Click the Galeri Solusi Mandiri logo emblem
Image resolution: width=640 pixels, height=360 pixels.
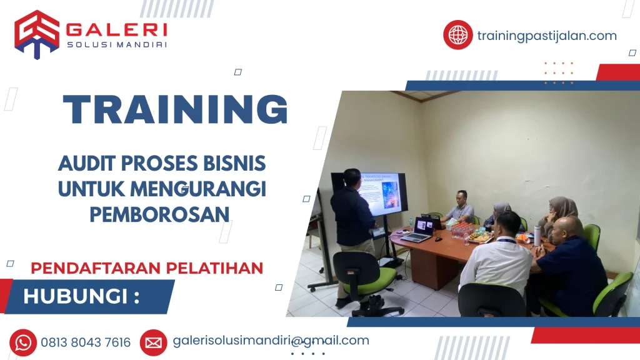pos(37,34)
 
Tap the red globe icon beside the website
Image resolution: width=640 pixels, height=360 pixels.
pos(458,35)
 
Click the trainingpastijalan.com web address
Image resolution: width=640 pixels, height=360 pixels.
pos(547,36)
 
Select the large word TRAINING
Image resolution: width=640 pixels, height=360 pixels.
pos(176,109)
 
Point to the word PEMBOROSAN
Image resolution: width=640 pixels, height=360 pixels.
pos(159,215)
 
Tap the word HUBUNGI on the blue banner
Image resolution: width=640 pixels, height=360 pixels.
pos(76,297)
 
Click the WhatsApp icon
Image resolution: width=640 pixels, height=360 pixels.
pos(23,342)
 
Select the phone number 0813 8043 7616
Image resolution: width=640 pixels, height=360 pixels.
pos(86,342)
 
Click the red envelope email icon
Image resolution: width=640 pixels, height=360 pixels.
pos(154,343)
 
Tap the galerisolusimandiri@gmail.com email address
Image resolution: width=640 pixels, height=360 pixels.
pos(271,341)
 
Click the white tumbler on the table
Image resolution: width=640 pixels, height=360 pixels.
pos(537,236)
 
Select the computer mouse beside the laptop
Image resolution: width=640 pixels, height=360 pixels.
pos(438,239)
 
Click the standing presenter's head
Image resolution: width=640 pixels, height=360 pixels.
pos(351,178)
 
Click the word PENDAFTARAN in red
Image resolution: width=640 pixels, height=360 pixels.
pos(96,269)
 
